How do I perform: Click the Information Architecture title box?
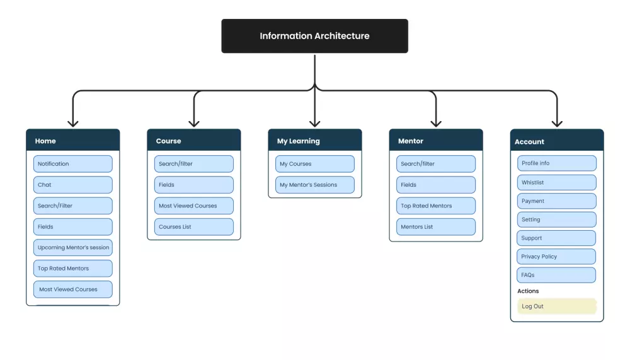tap(314, 36)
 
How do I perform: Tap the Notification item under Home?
tap(72, 164)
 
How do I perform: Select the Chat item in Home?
tap(72, 185)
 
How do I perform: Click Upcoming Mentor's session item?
tap(72, 248)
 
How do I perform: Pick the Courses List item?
tap(193, 227)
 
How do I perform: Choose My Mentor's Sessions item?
tap(314, 185)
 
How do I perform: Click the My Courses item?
tap(314, 164)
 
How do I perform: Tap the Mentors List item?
tap(435, 227)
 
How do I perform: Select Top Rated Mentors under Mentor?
tap(435, 206)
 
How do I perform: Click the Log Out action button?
tap(556, 306)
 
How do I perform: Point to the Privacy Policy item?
tap(556, 257)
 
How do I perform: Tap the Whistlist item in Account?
tap(556, 182)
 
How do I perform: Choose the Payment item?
tap(556, 201)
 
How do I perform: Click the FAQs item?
tap(556, 275)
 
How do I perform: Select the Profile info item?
tap(556, 163)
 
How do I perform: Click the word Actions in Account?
tap(528, 291)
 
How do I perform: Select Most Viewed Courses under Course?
tap(193, 206)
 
